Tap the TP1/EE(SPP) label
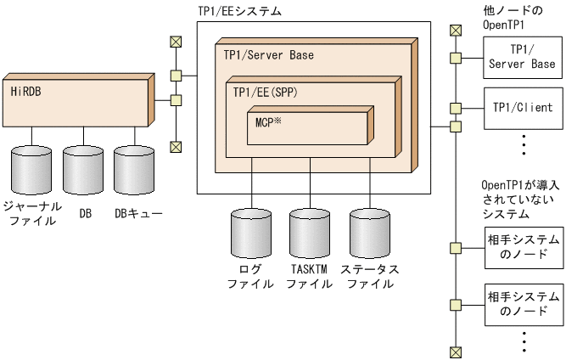tap(266, 89)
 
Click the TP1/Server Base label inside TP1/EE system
tap(268, 55)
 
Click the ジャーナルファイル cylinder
tap(32, 169)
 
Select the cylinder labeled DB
tap(85, 169)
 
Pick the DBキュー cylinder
tap(137, 169)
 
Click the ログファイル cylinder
tap(252, 229)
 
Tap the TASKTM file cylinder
tap(309, 229)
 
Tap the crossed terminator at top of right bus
tap(456, 31)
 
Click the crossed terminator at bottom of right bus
tap(456, 352)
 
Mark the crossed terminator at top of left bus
tap(176, 40)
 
